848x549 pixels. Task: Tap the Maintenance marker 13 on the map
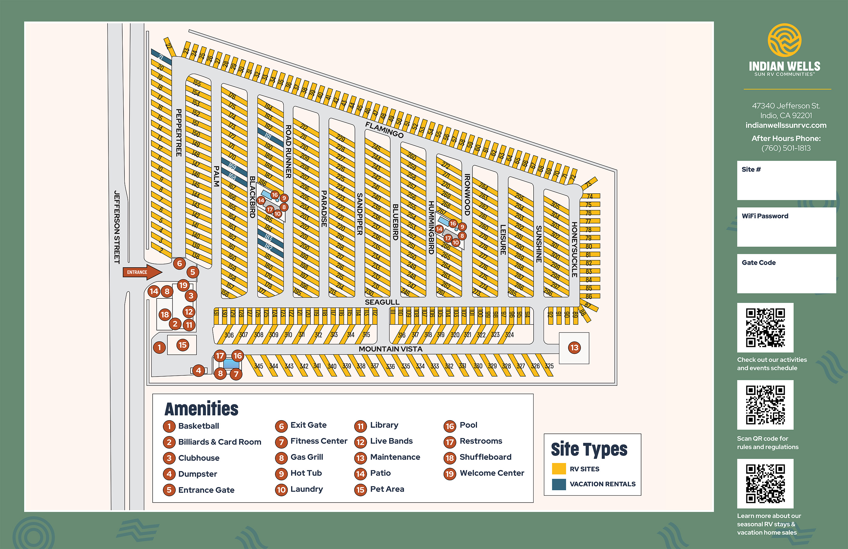tap(574, 348)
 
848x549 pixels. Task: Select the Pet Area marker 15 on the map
tap(182, 345)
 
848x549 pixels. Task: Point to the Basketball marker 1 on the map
tap(159, 347)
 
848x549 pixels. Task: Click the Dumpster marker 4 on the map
tap(198, 371)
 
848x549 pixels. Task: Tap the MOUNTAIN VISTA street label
tap(390, 349)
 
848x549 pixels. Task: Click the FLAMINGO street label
tap(384, 129)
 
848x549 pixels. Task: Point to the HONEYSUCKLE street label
tap(574, 250)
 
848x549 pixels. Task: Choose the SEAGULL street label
tap(382, 302)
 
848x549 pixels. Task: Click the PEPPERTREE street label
tap(179, 133)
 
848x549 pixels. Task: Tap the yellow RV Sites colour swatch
tap(559, 468)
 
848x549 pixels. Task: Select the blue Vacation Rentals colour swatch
tap(559, 484)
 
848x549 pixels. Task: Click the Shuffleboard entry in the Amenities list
tap(485, 457)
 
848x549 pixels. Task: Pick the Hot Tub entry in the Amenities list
tap(306, 473)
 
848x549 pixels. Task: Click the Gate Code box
tap(786, 273)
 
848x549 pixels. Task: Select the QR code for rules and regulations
tap(765, 404)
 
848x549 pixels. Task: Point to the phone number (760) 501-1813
tap(786, 148)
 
